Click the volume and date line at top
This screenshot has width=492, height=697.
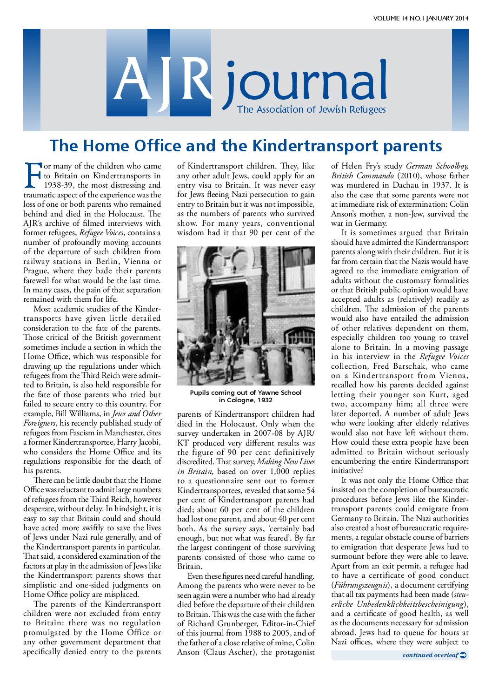(x=420, y=19)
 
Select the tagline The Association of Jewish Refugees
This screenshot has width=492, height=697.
(x=311, y=110)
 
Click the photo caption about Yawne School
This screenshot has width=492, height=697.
(x=246, y=396)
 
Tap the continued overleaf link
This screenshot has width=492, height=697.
(x=430, y=655)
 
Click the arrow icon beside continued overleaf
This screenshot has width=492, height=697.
(x=463, y=655)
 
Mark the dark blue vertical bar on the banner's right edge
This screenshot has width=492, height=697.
(x=460, y=80)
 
